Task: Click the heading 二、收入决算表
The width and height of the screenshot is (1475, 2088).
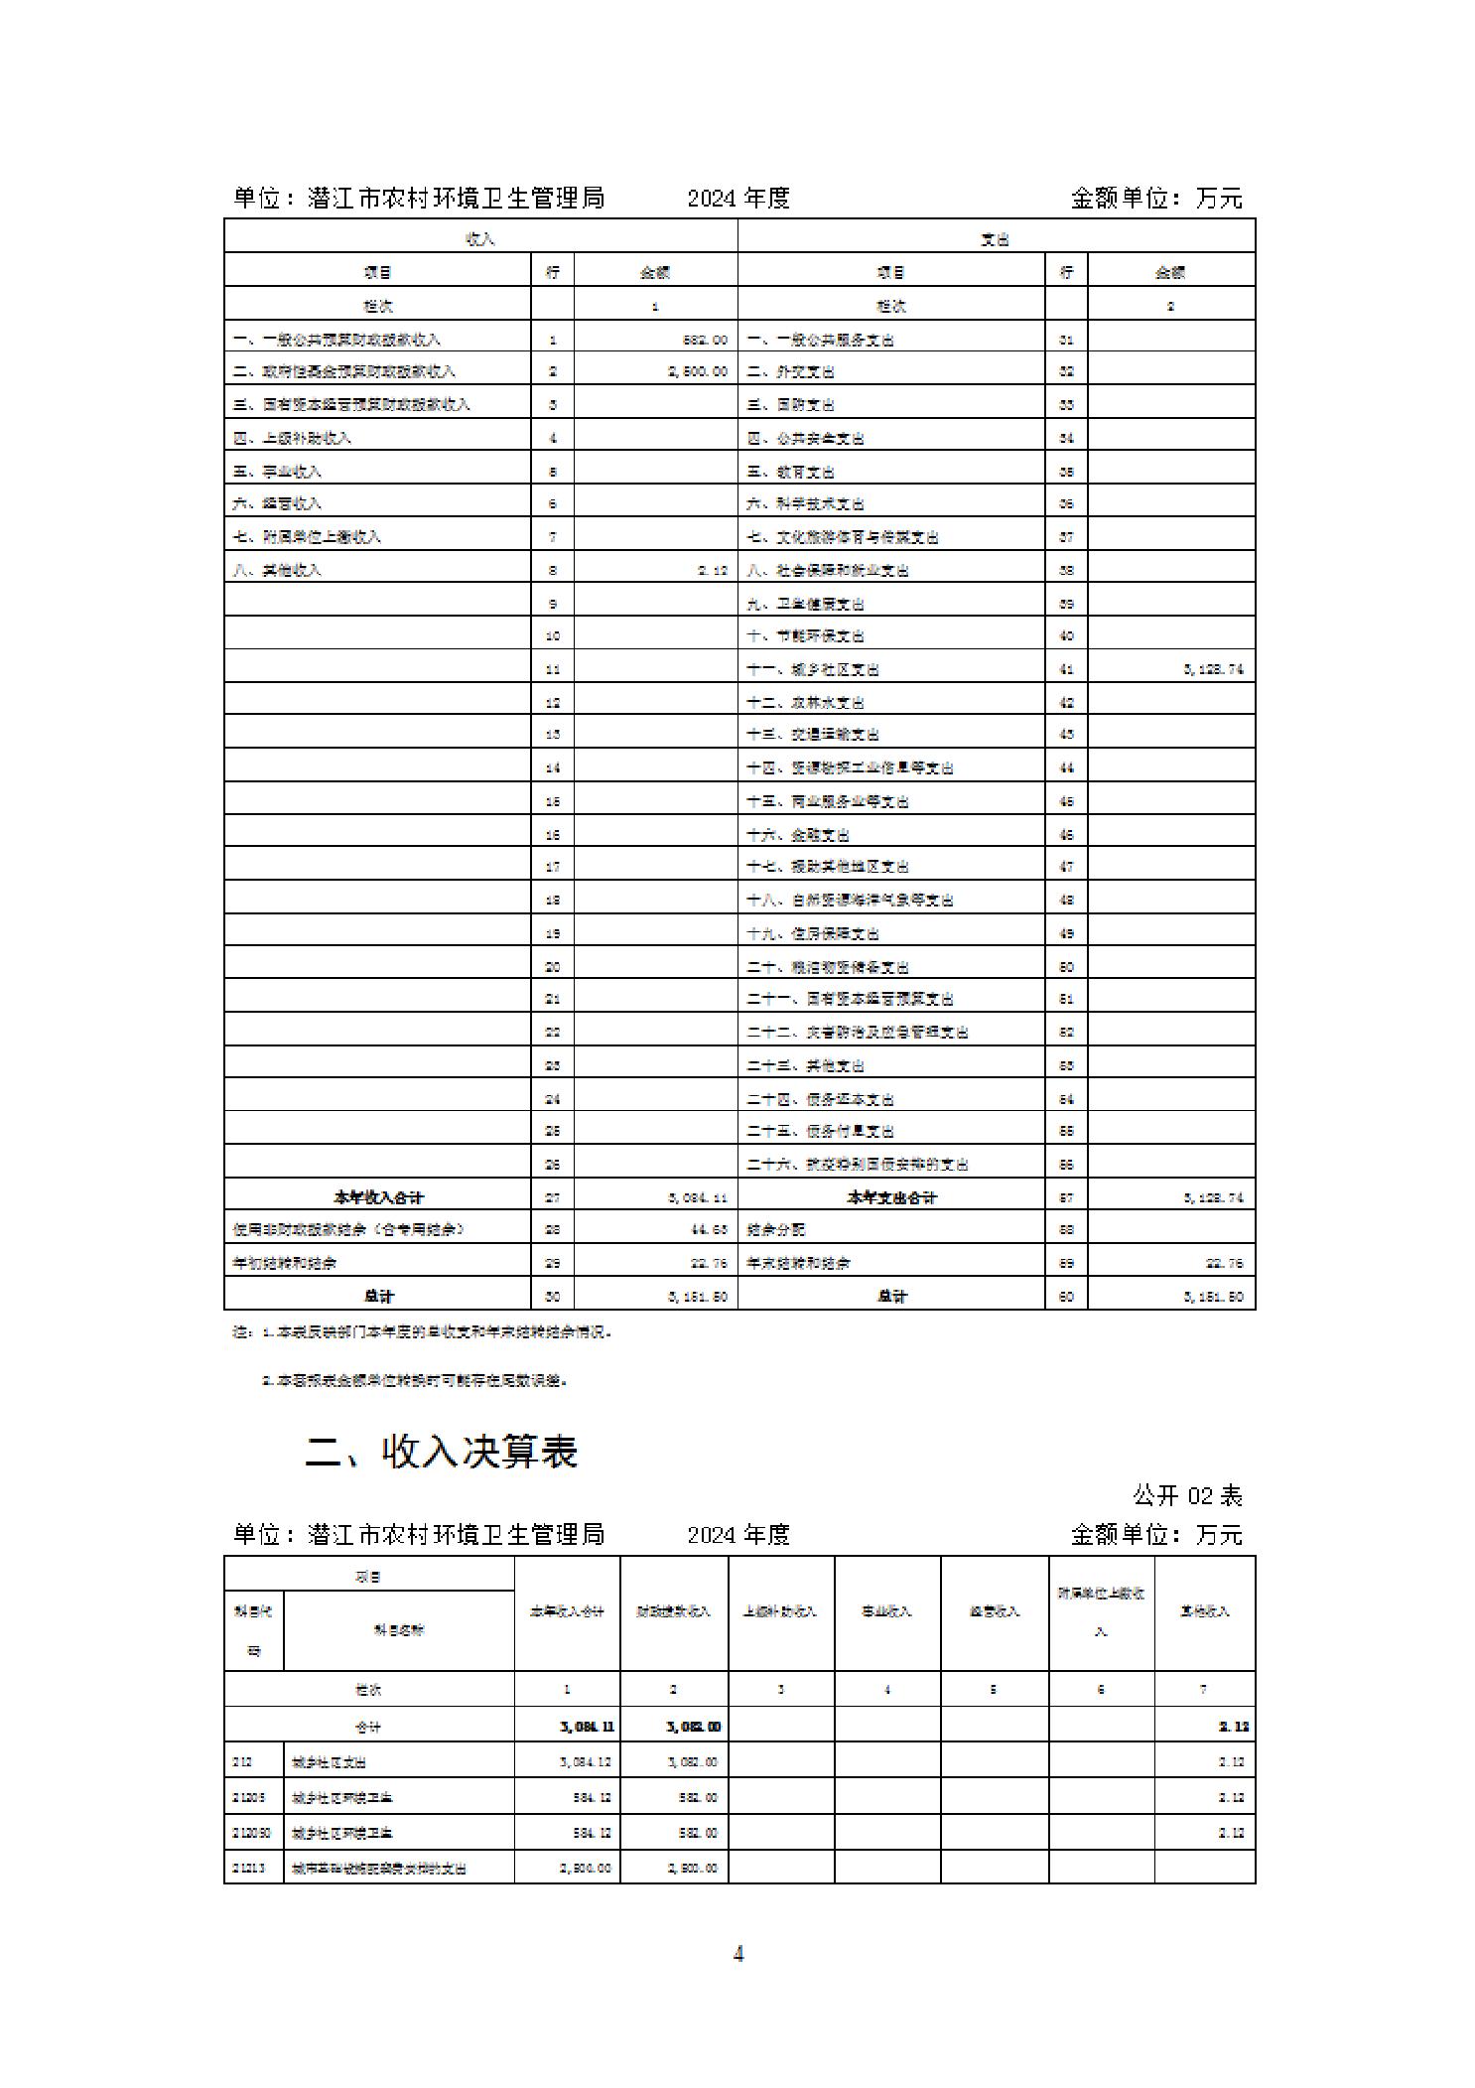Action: click(441, 1451)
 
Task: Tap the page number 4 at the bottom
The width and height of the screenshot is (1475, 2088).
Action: click(737, 1953)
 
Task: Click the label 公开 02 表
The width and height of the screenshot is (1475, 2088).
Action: click(1187, 1495)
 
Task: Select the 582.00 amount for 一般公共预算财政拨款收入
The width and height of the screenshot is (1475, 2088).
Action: click(705, 340)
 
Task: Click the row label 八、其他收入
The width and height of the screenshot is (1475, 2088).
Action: click(277, 570)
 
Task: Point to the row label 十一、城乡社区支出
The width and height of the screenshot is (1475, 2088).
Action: click(812, 669)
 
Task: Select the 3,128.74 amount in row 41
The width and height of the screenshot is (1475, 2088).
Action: click(1213, 669)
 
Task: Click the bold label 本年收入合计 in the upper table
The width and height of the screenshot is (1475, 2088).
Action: click(378, 1197)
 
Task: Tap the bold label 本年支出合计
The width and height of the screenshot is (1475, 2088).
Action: click(891, 1197)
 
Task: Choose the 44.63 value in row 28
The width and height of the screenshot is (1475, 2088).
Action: click(709, 1229)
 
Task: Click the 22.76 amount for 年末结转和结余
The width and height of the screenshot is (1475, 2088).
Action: click(1225, 1263)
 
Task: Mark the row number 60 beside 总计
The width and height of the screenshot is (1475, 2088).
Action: click(1065, 1296)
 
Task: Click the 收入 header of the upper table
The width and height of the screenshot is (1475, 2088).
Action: click(480, 238)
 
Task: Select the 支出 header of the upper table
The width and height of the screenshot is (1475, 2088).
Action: click(995, 238)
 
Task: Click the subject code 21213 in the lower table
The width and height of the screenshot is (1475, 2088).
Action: click(248, 1868)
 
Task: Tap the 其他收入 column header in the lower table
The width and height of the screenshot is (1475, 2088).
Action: click(1204, 1610)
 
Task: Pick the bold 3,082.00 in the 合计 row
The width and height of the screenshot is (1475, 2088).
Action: click(693, 1727)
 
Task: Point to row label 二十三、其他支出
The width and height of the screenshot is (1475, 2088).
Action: click(805, 1065)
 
